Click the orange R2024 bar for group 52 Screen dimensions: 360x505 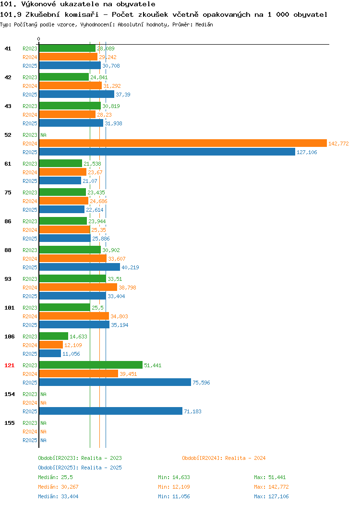click(x=183, y=144)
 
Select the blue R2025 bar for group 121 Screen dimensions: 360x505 click(x=115, y=382)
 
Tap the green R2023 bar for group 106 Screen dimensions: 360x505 click(x=53, y=336)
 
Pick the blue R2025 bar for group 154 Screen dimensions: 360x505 click(x=111, y=411)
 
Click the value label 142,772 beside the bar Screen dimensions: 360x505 click(x=338, y=144)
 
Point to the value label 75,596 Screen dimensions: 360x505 click(x=201, y=383)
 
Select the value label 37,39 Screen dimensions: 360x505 click(x=123, y=95)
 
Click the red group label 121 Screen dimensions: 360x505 click(x=9, y=365)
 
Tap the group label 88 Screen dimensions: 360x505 click(x=8, y=250)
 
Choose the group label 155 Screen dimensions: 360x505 click(x=9, y=423)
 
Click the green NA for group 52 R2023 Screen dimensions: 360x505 click(x=44, y=135)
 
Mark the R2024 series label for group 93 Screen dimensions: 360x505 click(x=30, y=288)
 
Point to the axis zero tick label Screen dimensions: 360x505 click(x=39, y=39)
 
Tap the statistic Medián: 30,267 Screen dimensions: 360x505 click(x=58, y=487)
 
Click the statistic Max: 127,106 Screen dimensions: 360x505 click(x=271, y=497)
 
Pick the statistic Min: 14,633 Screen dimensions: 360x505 click(x=174, y=477)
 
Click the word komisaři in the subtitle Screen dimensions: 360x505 click(x=82, y=14)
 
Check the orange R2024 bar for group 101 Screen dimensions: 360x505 click(x=74, y=316)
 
